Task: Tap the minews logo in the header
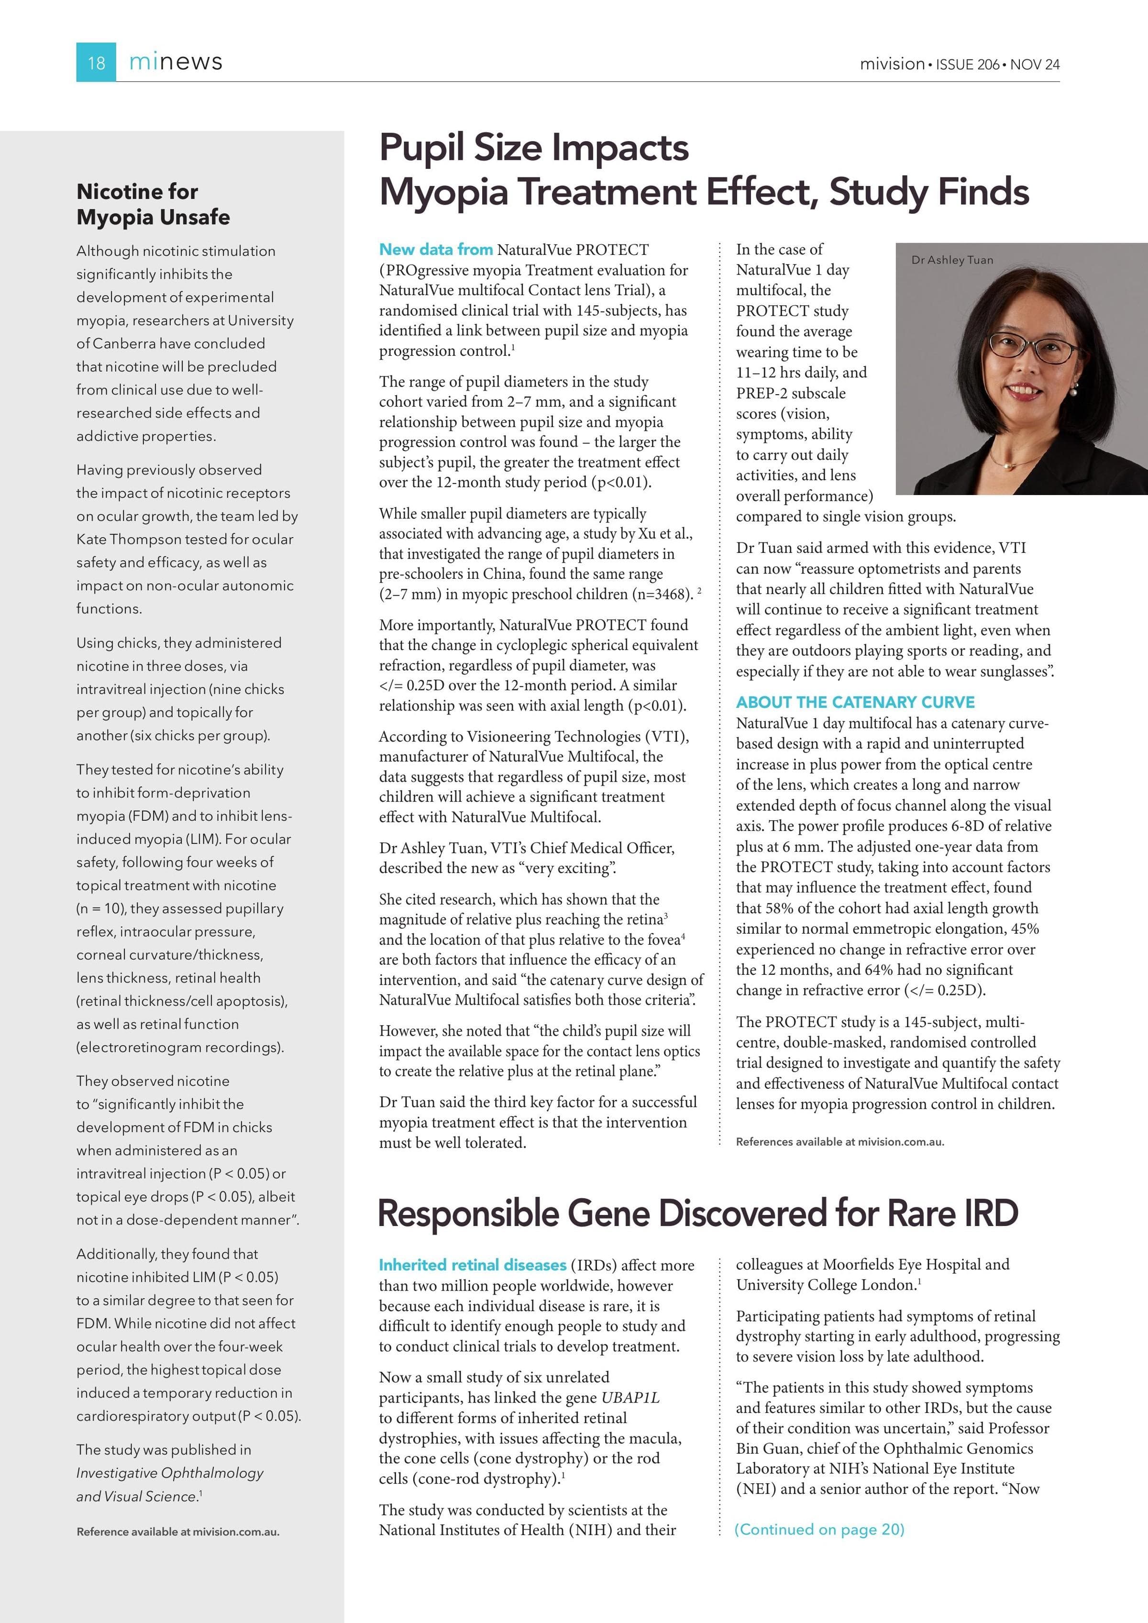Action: (176, 62)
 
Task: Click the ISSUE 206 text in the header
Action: (968, 64)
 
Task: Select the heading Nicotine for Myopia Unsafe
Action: (153, 204)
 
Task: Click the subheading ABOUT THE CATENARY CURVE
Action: (855, 702)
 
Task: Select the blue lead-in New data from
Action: (435, 250)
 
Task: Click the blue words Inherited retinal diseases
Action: (472, 1265)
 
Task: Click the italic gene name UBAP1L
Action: (630, 1398)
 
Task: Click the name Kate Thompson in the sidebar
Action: (126, 540)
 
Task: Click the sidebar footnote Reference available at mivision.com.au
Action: (177, 1532)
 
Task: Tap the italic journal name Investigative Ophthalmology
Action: (170, 1473)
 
